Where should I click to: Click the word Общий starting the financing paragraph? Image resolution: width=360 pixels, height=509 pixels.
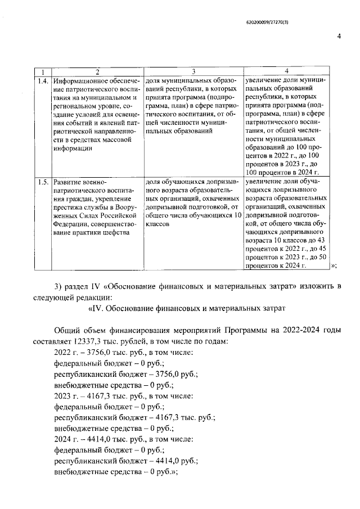pos(66,330)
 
